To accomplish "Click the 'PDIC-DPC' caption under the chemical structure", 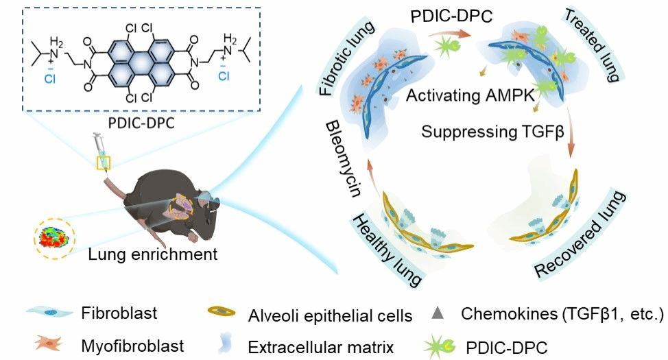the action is (141, 123).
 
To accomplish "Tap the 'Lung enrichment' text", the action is (152, 254).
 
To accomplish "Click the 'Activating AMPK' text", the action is (470, 95).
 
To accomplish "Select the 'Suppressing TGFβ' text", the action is (492, 131).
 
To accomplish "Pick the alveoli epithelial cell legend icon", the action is (222, 311).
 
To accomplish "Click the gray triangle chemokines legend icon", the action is (438, 313).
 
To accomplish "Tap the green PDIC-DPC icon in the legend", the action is (439, 346).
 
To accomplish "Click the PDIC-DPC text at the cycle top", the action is (451, 16).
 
